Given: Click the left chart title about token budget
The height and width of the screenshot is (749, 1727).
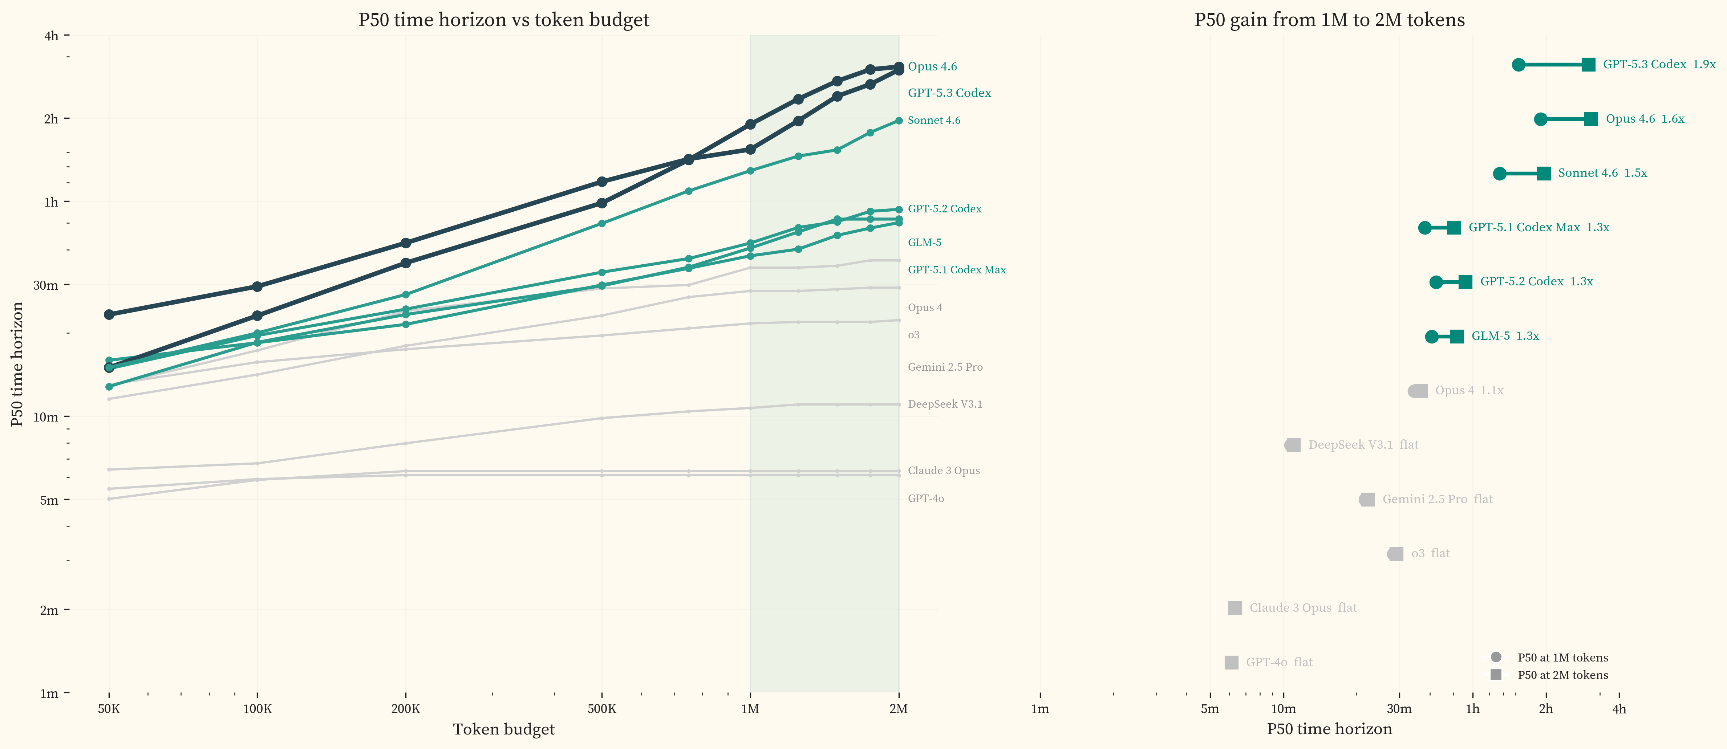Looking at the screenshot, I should (x=503, y=20).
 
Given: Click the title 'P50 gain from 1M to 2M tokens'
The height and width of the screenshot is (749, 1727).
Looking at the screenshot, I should (x=1329, y=20).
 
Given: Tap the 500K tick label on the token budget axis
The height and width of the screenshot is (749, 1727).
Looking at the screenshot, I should (x=601, y=709).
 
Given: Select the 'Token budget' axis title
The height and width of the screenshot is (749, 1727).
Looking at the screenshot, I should (x=503, y=729).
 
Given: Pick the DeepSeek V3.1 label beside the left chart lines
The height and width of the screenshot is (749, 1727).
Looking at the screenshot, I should (x=945, y=404).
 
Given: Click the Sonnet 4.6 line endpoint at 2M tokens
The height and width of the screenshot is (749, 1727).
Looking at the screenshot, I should (x=898, y=121).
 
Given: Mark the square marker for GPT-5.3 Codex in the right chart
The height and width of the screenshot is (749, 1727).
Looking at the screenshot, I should (x=1588, y=64).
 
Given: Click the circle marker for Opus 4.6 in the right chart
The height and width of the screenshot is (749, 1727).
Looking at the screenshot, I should (x=1541, y=119).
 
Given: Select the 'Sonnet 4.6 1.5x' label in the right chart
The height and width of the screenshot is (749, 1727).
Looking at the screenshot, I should (x=1602, y=173).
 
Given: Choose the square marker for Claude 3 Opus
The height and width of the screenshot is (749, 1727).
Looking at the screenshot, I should (x=1235, y=608).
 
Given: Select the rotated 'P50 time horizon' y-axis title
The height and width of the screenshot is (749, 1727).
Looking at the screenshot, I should (x=17, y=364).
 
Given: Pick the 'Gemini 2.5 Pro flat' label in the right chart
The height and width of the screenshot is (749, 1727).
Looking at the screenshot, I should (x=1438, y=499).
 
